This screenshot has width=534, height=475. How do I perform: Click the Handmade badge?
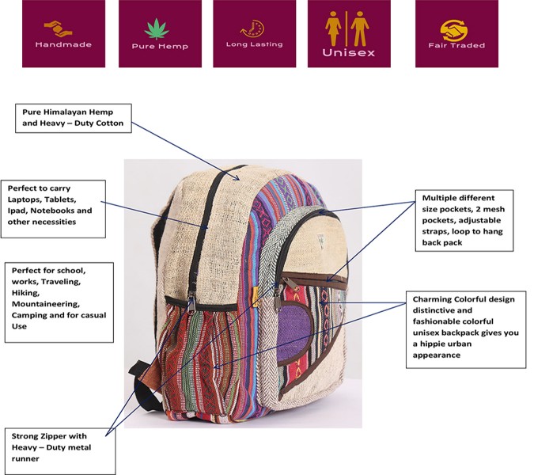click(63, 33)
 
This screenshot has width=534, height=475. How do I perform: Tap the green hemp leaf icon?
click(160, 26)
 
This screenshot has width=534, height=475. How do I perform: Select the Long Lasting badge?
click(255, 33)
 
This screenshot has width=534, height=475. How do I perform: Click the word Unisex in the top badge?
click(348, 53)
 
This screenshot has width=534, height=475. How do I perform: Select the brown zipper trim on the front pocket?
click(316, 279)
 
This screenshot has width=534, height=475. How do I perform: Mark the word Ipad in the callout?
click(19, 211)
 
